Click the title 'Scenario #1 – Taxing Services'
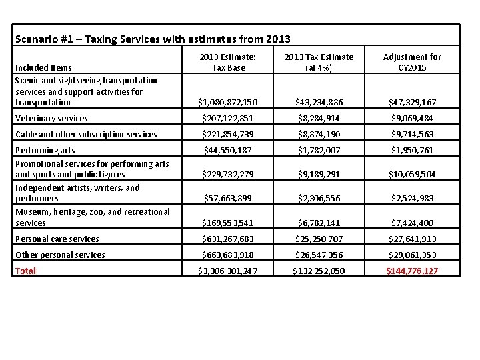tap(153, 39)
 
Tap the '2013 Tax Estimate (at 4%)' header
tap(319, 62)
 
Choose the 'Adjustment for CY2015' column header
tap(412, 62)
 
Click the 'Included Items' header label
tap(43, 67)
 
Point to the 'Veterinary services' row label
tap(51, 119)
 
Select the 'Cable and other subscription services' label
tap(86, 135)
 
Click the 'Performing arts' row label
tap(45, 151)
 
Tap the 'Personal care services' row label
tap(57, 239)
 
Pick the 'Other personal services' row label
tap(60, 255)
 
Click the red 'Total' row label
tap(25, 271)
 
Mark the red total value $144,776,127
tap(412, 271)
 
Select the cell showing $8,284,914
tap(319, 119)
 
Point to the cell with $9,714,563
tap(412, 135)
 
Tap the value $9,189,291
tap(319, 175)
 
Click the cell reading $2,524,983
tap(412, 199)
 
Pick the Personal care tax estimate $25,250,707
tap(319, 239)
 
